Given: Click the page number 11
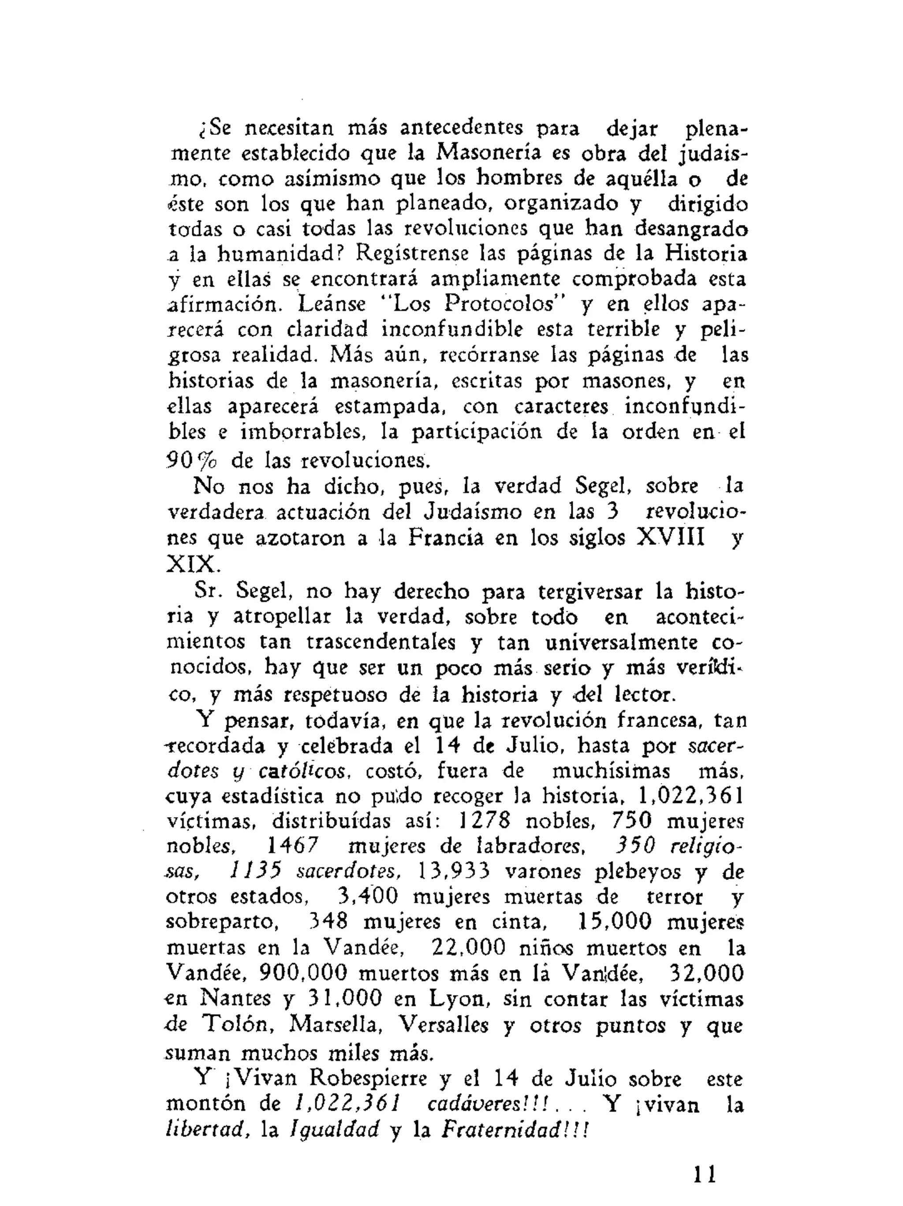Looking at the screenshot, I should pyautogui.click(x=705, y=1173).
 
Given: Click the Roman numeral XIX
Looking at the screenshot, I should pyautogui.click(x=191, y=563).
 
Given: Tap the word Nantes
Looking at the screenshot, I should pyautogui.click(x=236, y=998).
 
